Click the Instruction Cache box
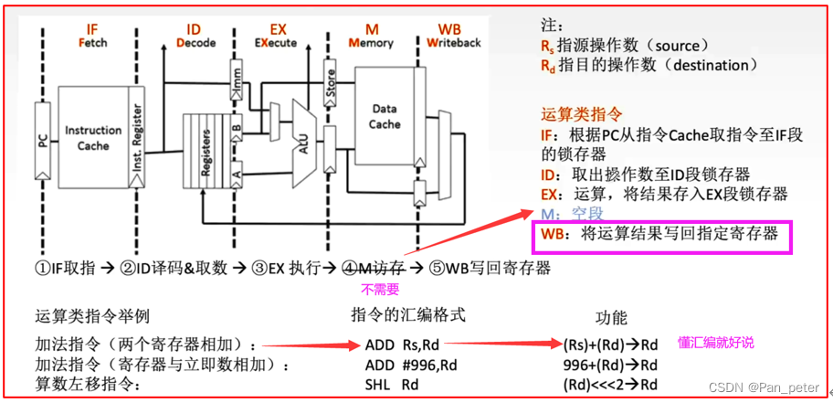click(92, 137)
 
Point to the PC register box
click(39, 141)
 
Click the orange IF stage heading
click(90, 28)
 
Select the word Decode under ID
click(194, 42)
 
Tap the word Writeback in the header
click(455, 42)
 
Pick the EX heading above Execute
click(278, 28)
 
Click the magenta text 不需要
click(376, 291)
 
